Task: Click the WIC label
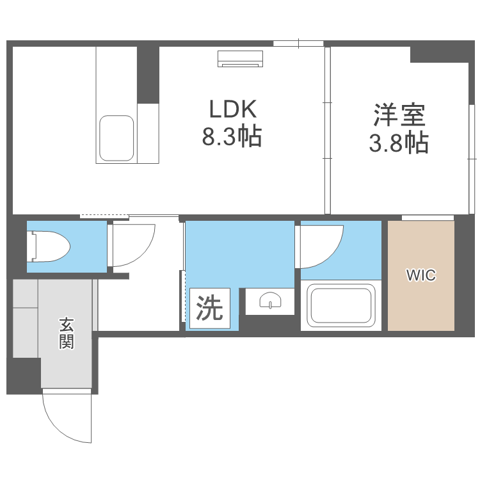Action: [x=421, y=276]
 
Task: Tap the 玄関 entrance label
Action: [x=67, y=333]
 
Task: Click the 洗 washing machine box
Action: [x=209, y=310]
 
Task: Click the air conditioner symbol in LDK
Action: [x=240, y=58]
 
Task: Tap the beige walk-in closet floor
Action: [x=421, y=301]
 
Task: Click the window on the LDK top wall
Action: [x=298, y=44]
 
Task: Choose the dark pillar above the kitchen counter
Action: [x=148, y=73]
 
